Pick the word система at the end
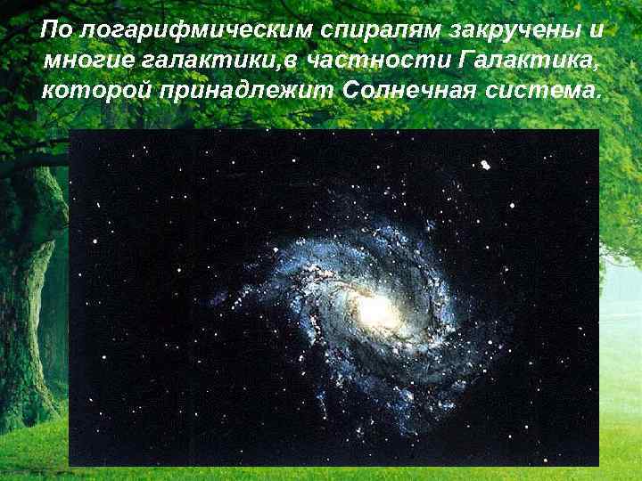[542, 92]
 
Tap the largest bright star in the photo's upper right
[485, 165]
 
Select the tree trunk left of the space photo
[31, 294]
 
